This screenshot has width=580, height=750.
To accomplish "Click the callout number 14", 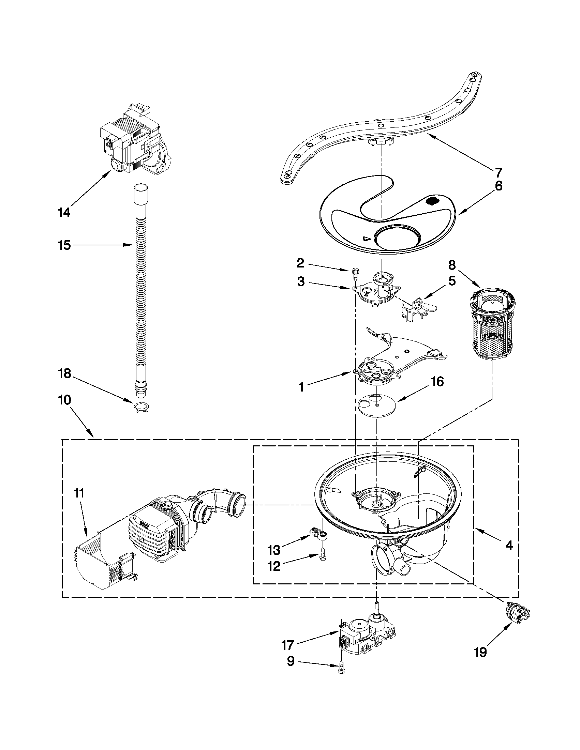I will tap(64, 213).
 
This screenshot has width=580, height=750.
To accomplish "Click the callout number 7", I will tap(498, 172).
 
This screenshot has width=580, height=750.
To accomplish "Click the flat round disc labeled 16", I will tap(376, 407).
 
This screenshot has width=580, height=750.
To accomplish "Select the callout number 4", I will tap(509, 545).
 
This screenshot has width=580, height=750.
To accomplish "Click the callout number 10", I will tap(64, 400).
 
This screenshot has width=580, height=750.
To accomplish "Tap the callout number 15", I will tap(64, 245).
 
